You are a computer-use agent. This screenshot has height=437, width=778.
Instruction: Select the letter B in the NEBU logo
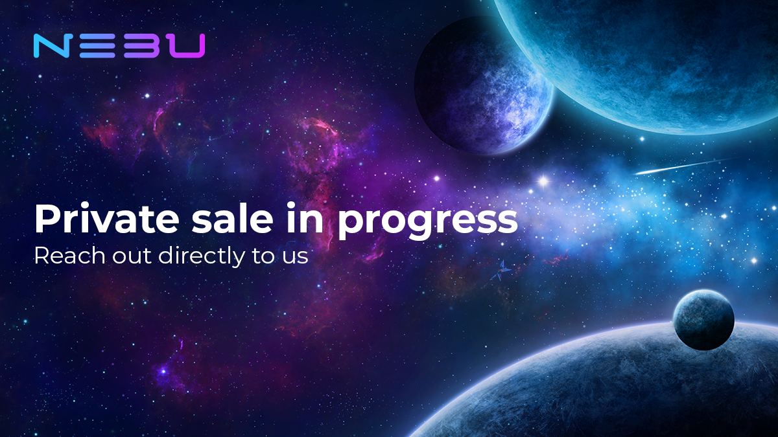tap(137, 46)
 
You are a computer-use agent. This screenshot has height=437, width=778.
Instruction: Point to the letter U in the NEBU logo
tap(185, 46)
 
